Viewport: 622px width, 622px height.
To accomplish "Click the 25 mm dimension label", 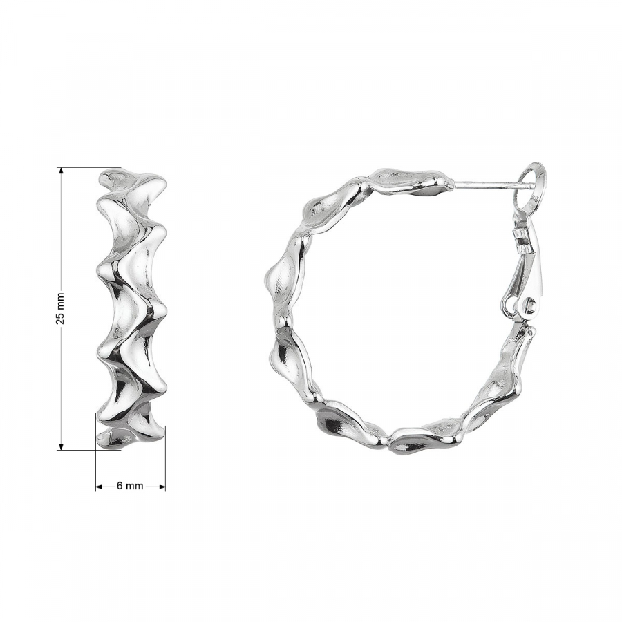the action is pos(60,308).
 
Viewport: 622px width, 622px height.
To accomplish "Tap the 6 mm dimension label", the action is pos(130,486).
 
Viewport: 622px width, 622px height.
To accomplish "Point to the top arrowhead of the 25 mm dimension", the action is pos(61,171).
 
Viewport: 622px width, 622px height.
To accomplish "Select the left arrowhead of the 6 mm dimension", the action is pos(99,487).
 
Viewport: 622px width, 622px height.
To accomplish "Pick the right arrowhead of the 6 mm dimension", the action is pos(162,487).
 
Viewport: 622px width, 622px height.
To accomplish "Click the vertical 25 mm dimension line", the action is pos(61,309).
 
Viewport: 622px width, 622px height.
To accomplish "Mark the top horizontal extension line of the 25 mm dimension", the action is pos(90,167).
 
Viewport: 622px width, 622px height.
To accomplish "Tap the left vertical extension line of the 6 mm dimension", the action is pos(95,451).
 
